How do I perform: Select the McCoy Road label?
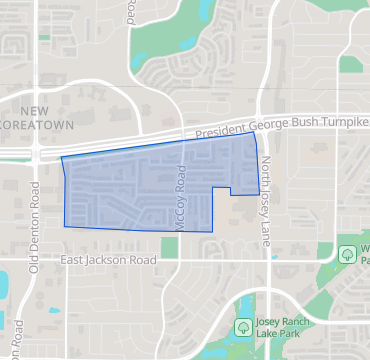pyautogui.click(x=181, y=201)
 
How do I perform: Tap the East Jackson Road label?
pyautogui.click(x=109, y=260)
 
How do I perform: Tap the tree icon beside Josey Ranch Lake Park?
pyautogui.click(x=242, y=327)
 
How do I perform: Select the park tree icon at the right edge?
pyautogui.click(x=346, y=254)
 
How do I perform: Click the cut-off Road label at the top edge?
pyautogui.click(x=131, y=10)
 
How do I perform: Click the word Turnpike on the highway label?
pyautogui.click(x=340, y=121)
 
